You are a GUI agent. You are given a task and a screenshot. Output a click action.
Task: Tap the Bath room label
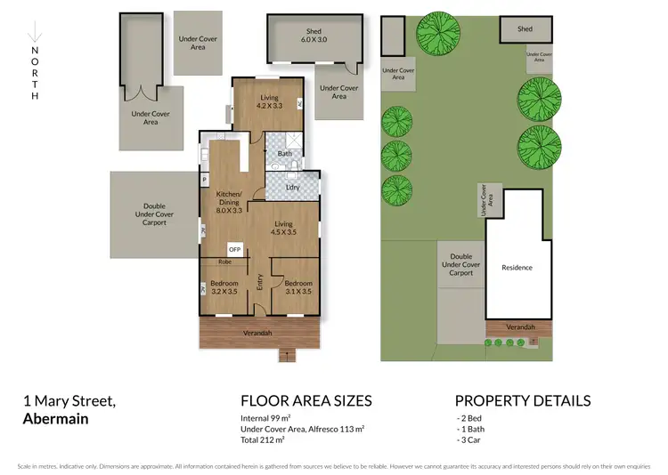(285, 154)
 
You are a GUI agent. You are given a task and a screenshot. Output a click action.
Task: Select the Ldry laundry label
(291, 187)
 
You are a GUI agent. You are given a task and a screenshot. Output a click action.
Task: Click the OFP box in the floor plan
(235, 250)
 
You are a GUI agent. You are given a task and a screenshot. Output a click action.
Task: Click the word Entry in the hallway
(260, 283)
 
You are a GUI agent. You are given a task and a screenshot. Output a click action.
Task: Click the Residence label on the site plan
(517, 267)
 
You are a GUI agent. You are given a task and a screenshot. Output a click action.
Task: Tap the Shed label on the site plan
(525, 29)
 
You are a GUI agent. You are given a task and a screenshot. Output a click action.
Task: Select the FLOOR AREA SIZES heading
(306, 400)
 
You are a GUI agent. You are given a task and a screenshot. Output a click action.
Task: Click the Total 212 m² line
(262, 439)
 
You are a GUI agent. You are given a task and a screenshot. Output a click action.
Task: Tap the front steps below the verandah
(286, 356)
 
